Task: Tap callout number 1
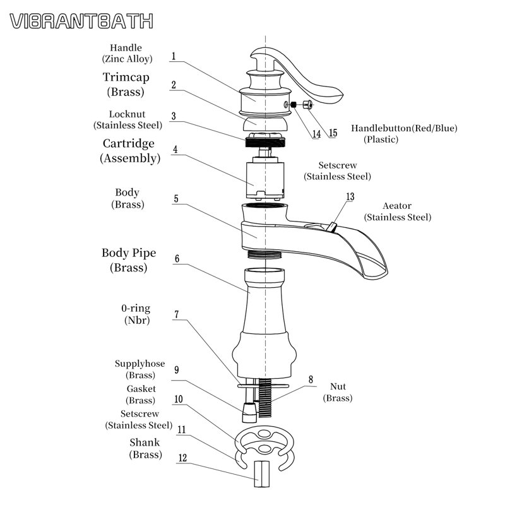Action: pyautogui.click(x=172, y=56)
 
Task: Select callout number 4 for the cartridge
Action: pyautogui.click(x=175, y=150)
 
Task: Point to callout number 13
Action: pyautogui.click(x=350, y=197)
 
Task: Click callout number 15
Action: pyautogui.click(x=333, y=133)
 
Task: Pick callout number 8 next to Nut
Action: pyautogui.click(x=310, y=379)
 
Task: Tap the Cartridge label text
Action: pyautogui.click(x=128, y=144)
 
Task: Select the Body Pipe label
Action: pyautogui.click(x=128, y=253)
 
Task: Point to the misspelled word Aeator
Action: pyautogui.click(x=397, y=206)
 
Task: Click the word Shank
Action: pyautogui.click(x=145, y=443)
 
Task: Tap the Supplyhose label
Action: pyautogui.click(x=140, y=364)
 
